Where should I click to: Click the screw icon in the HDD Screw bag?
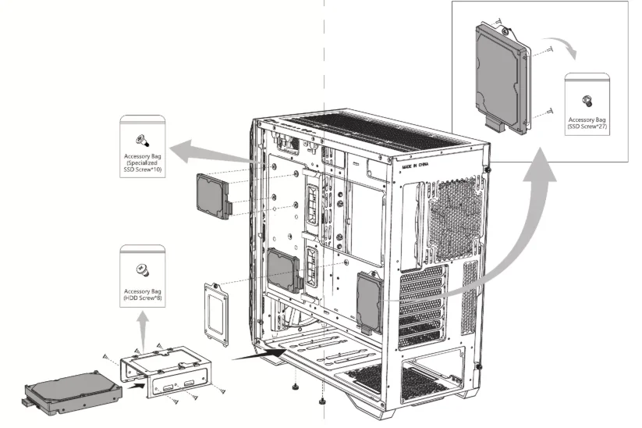pyautogui.click(x=142, y=268)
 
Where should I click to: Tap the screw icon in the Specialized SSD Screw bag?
pyautogui.click(x=141, y=139)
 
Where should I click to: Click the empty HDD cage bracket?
pyautogui.click(x=166, y=373)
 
